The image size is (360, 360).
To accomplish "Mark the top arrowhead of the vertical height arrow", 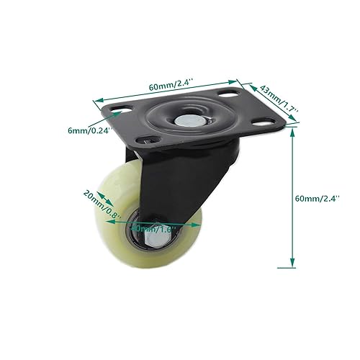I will pos(293,136).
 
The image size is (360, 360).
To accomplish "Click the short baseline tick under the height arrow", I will pos(293,269).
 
